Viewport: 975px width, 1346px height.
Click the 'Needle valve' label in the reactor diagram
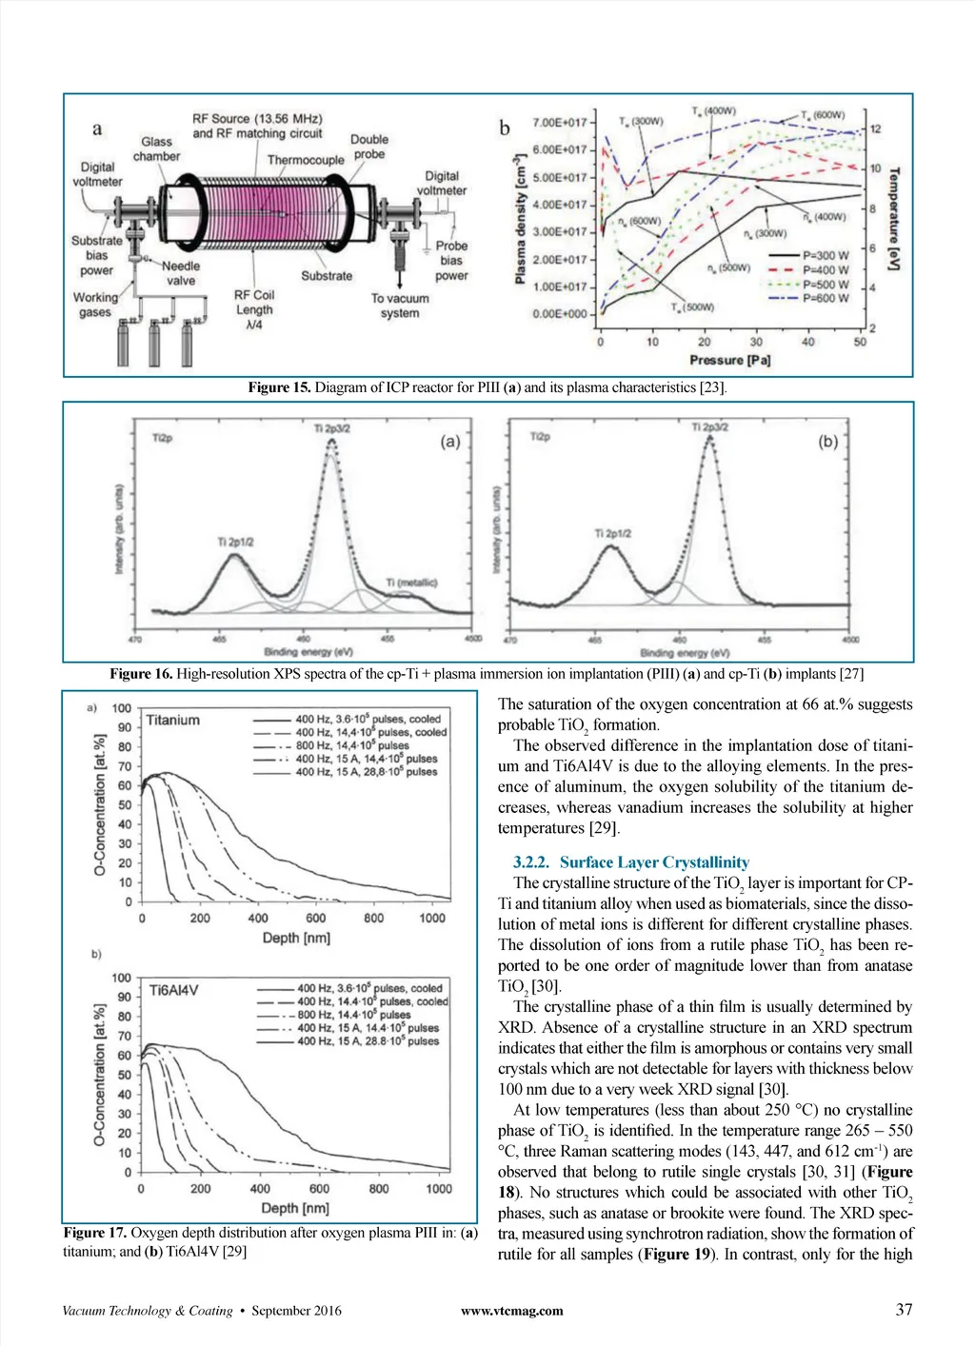(180, 273)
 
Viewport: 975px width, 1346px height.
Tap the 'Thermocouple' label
(306, 160)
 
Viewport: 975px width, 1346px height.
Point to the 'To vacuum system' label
(400, 306)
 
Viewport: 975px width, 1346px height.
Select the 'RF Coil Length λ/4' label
(254, 309)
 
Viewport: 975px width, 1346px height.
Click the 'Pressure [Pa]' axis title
(729, 361)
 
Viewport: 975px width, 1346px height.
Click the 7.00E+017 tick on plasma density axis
(560, 123)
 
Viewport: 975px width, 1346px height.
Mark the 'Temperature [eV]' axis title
(894, 218)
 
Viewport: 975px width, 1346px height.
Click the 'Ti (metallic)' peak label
(411, 583)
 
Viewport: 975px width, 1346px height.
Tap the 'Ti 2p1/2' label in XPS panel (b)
(612, 533)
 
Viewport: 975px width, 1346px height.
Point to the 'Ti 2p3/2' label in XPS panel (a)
(332, 428)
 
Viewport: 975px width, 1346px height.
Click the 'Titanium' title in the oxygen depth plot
(173, 721)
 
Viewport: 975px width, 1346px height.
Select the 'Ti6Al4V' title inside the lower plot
(173, 990)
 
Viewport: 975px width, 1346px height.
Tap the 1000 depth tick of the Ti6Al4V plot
(439, 1189)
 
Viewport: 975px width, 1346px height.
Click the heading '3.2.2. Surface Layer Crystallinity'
(630, 862)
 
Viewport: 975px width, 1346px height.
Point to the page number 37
(904, 1310)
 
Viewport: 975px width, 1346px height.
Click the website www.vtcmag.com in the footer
(511, 1311)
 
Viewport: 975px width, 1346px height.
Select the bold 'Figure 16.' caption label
(141, 674)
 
